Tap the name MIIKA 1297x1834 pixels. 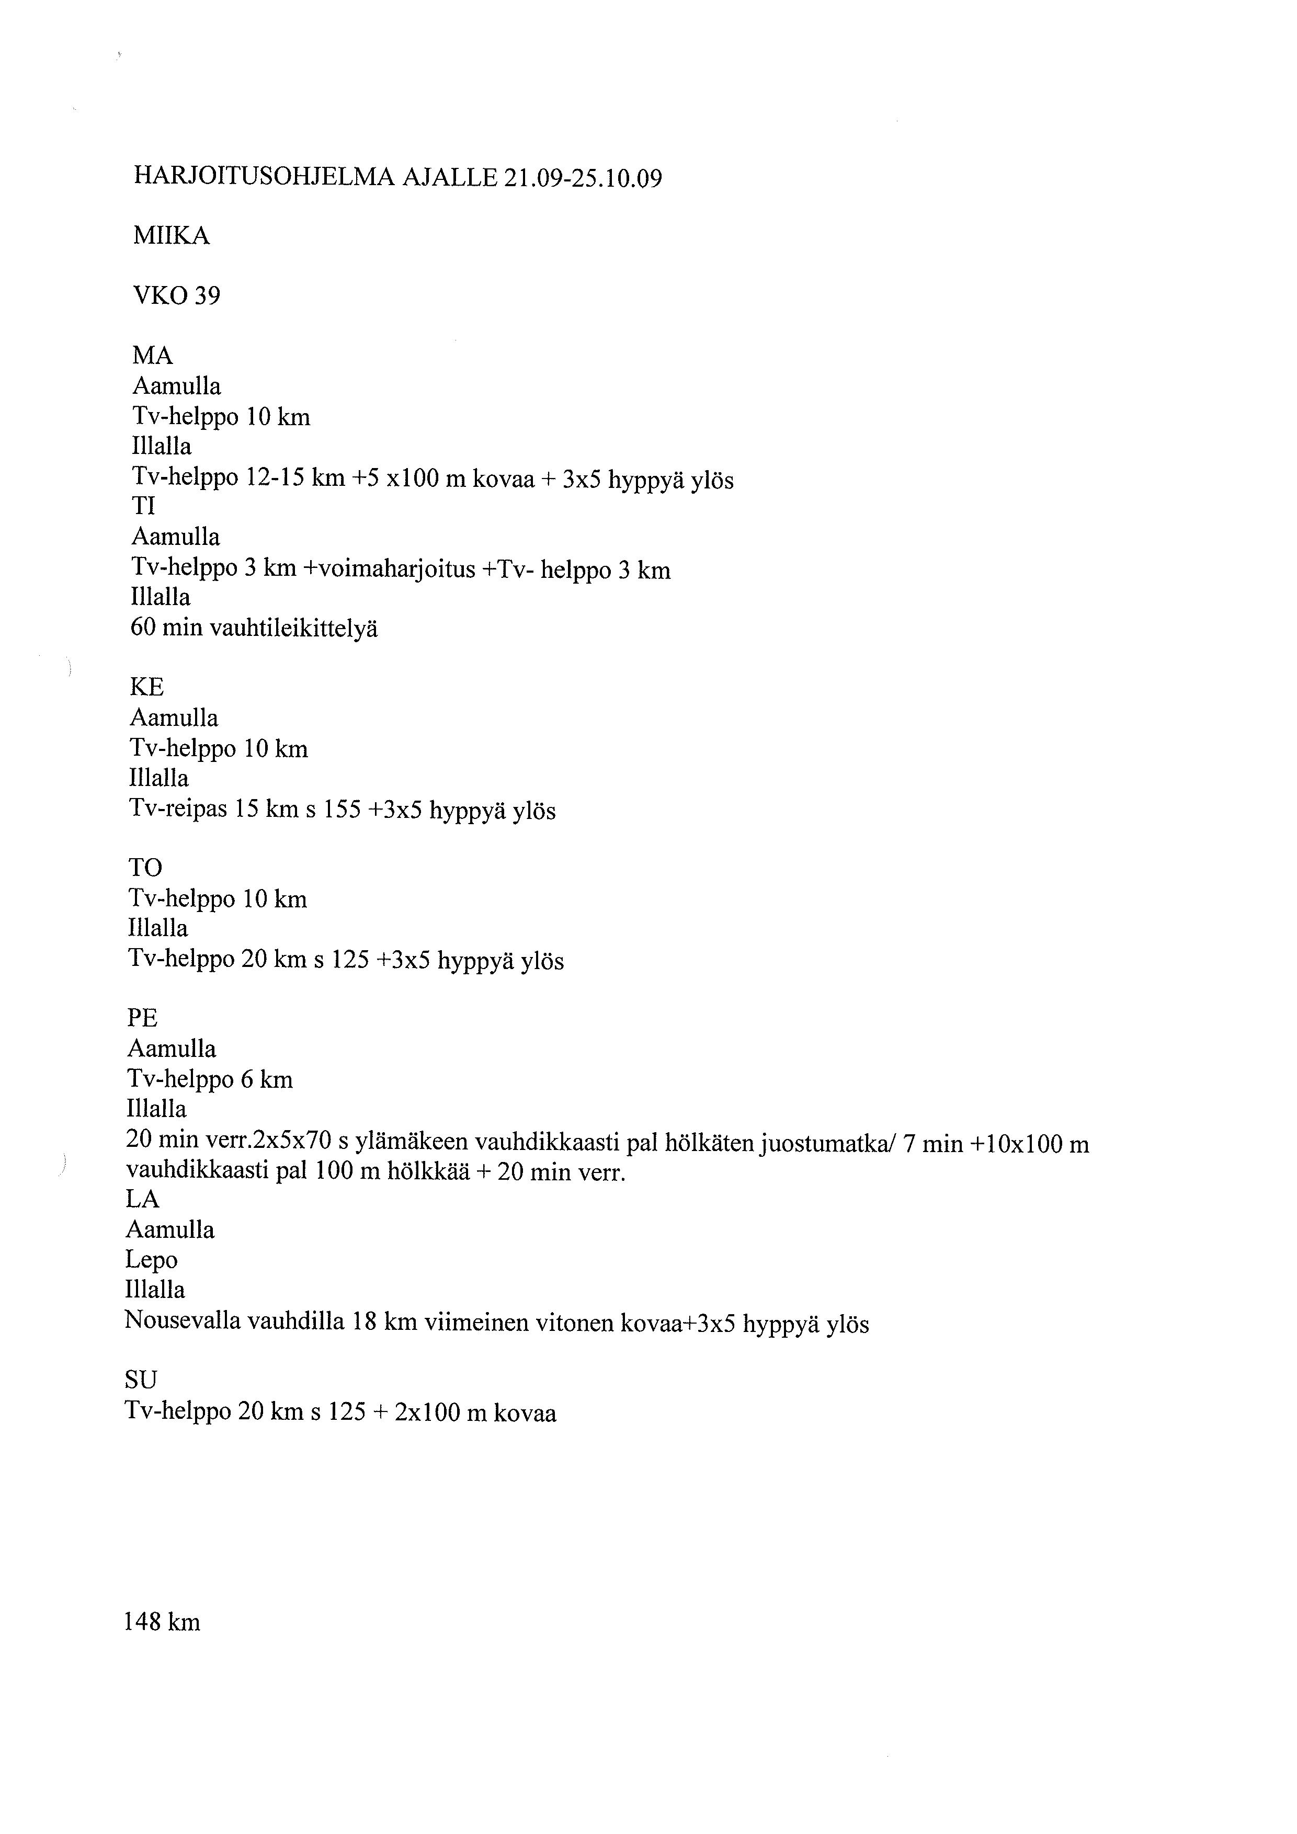(171, 236)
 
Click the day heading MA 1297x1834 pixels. (153, 356)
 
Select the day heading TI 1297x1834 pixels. (144, 506)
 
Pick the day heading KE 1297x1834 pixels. (147, 687)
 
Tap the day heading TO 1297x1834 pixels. (145, 868)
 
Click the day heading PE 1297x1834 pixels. (143, 1018)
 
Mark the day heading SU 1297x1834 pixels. (141, 1380)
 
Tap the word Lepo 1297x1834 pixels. (151, 1260)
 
